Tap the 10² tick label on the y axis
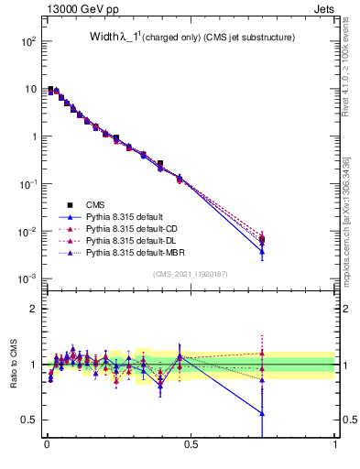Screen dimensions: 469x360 [x=28, y=42]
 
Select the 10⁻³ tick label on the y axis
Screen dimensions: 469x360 [x=28, y=278]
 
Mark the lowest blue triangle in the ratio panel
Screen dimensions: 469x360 [x=262, y=413]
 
